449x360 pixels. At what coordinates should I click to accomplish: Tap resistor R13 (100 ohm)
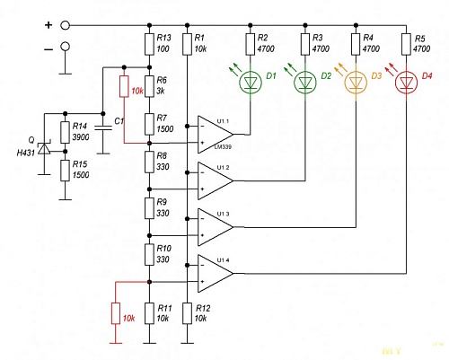pos(148,43)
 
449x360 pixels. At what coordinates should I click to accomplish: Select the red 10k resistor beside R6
pos(123,88)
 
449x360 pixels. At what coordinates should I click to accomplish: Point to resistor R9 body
pos(148,207)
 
